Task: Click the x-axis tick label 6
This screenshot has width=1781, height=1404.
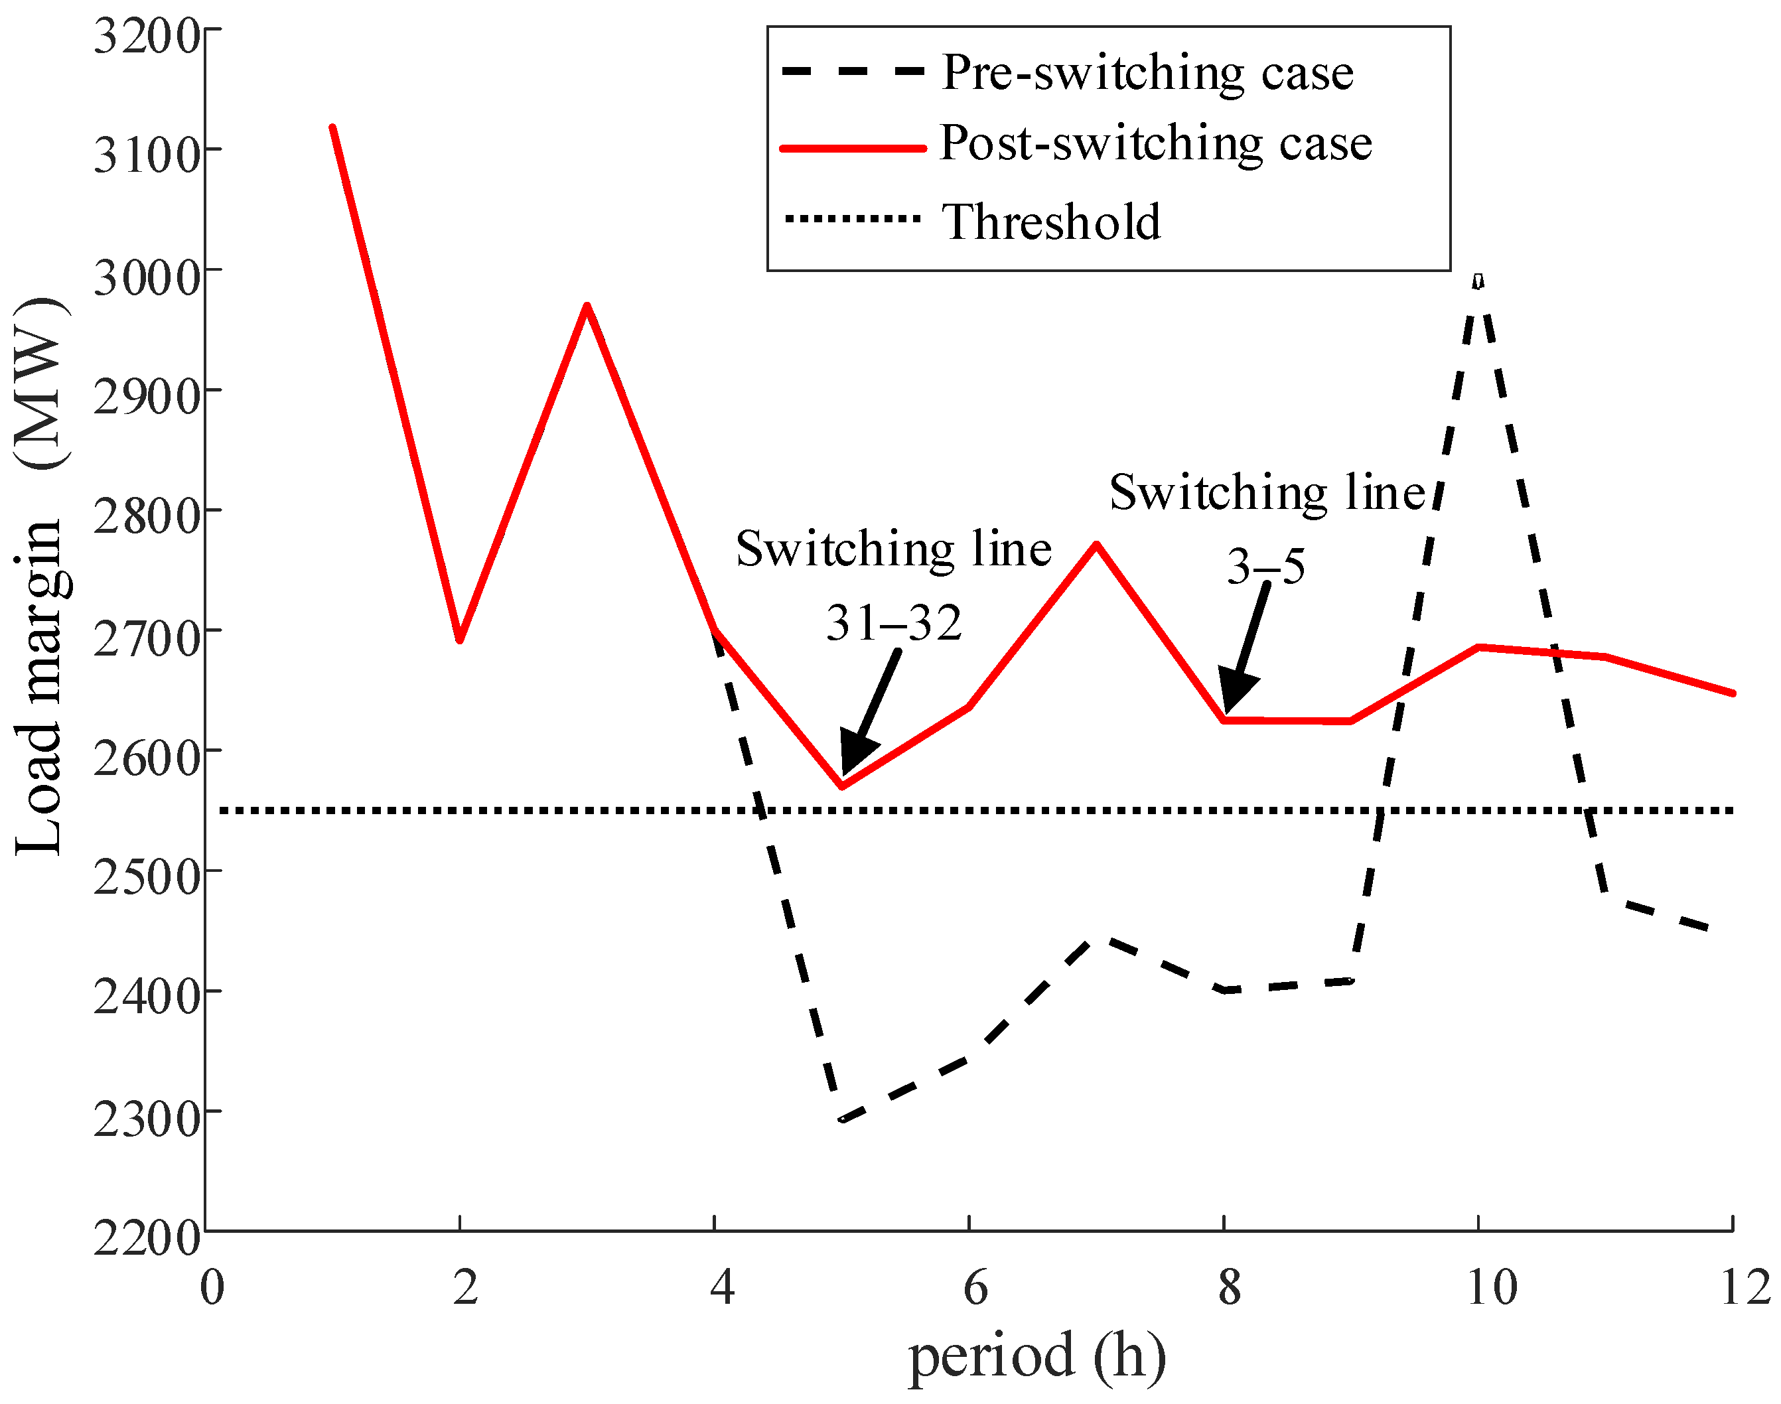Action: [x=975, y=1288]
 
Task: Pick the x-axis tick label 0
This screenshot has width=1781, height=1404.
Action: [x=212, y=1288]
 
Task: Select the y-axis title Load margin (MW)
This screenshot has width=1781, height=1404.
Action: [x=41, y=575]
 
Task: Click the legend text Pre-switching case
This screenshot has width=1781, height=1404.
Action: [x=1147, y=72]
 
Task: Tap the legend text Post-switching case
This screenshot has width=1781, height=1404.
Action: [x=1155, y=143]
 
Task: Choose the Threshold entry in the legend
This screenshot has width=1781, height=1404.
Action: [x=1051, y=222]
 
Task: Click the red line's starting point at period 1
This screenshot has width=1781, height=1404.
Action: [x=332, y=127]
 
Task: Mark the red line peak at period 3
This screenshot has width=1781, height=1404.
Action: [x=587, y=306]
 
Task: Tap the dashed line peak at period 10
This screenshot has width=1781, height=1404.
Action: [x=1478, y=279]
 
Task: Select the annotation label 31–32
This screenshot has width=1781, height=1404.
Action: [x=893, y=623]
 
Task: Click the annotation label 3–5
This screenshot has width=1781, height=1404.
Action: [x=1265, y=567]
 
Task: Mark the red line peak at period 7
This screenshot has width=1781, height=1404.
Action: [x=1096, y=544]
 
